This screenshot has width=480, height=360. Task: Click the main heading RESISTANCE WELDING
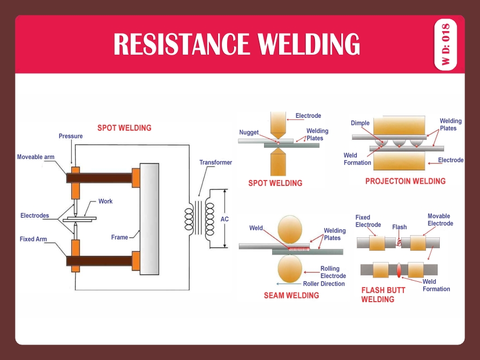[236, 44]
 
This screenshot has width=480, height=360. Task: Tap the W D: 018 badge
[446, 45]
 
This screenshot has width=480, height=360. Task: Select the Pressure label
[71, 136]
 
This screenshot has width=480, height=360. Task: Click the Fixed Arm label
[33, 239]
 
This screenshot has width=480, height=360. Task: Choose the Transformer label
[215, 162]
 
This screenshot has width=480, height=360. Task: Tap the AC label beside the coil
[225, 219]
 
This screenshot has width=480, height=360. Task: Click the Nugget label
[249, 132]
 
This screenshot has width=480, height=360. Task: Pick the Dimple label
[360, 123]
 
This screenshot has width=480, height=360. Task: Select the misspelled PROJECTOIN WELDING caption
[405, 181]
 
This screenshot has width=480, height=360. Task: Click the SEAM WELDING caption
[291, 295]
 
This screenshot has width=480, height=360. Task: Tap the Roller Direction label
[324, 283]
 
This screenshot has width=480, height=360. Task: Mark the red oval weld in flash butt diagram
[399, 269]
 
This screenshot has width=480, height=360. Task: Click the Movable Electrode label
[440, 220]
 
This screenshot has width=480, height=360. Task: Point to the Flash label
[399, 227]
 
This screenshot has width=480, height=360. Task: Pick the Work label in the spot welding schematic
[106, 201]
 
